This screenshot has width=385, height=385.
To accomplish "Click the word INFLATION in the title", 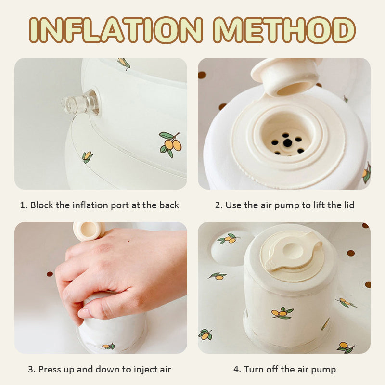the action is (x=116, y=30).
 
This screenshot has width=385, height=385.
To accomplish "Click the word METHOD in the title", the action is (x=284, y=30).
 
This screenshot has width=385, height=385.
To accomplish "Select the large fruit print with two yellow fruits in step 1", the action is (x=170, y=145).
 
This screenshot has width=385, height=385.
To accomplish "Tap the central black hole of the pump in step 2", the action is (x=287, y=142).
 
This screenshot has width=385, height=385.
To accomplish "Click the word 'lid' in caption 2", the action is (x=349, y=205).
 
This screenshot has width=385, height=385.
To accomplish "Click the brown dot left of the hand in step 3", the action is (x=50, y=274).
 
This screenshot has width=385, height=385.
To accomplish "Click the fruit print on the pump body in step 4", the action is (x=282, y=312).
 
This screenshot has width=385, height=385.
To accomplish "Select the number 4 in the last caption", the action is (x=236, y=369).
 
